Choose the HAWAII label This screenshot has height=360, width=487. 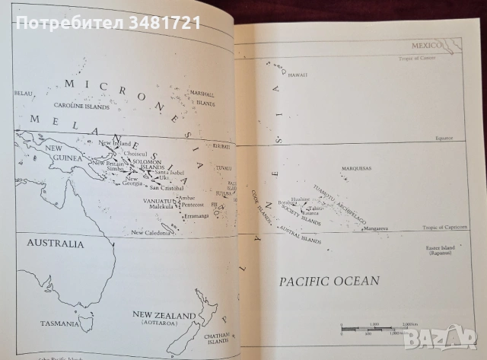297,75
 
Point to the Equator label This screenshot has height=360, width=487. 454,138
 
